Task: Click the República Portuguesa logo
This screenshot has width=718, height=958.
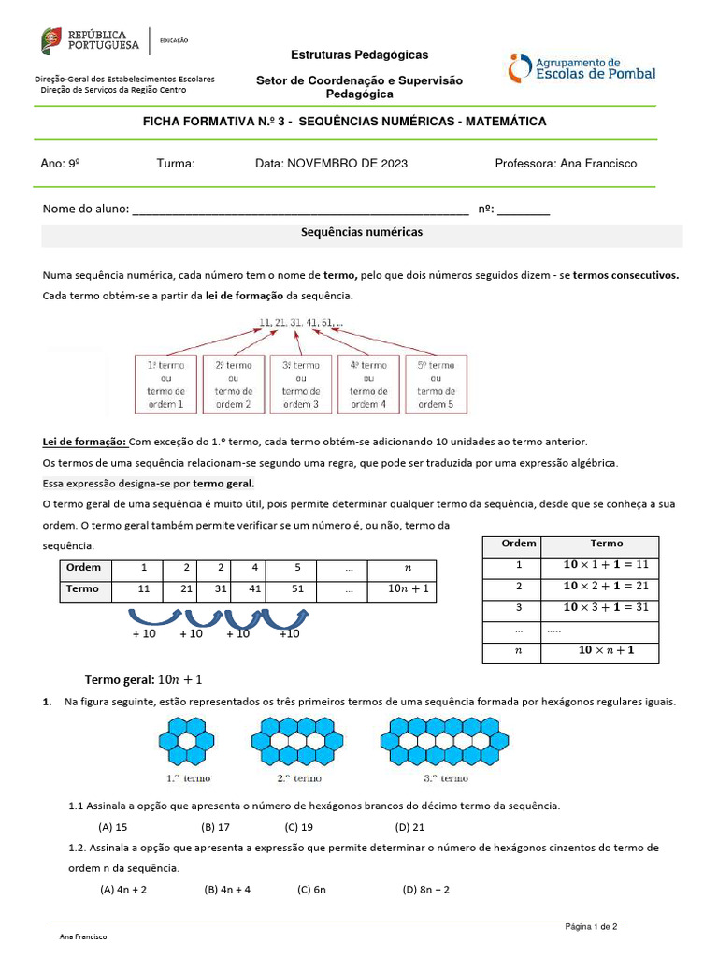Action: (90, 40)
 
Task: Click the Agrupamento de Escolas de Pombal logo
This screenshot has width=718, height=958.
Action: (582, 67)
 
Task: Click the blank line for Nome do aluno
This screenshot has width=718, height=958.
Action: (300, 210)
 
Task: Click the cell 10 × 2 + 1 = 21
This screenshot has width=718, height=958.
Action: (606, 586)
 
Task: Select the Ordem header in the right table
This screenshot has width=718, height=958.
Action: (512, 544)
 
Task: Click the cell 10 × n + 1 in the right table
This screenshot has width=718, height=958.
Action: (606, 650)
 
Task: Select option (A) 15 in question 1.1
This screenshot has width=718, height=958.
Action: (112, 827)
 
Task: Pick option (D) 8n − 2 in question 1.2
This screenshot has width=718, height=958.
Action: (426, 890)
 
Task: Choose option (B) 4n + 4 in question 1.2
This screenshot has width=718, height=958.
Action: (227, 890)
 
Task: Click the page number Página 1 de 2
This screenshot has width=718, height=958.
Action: (591, 927)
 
